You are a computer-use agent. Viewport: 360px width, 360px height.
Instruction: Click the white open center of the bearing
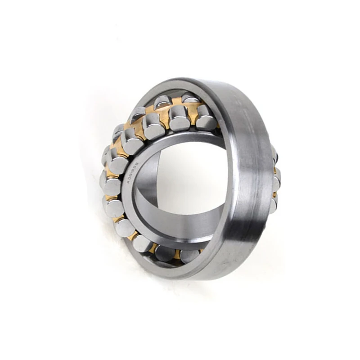point(189,180)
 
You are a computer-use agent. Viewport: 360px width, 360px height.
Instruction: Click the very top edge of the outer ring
point(189,80)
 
